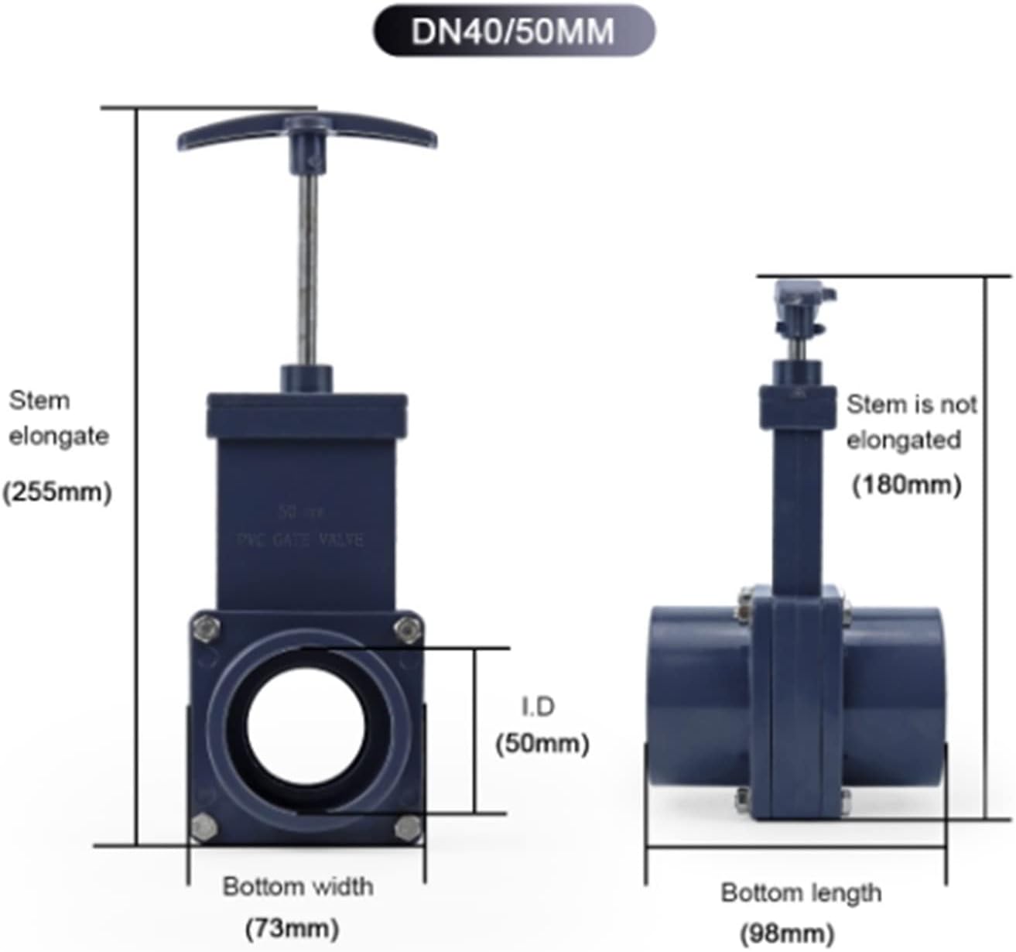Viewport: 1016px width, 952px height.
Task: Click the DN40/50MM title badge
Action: click(x=513, y=31)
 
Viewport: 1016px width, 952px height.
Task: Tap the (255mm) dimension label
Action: click(x=57, y=491)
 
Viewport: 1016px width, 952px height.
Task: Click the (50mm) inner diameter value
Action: click(x=542, y=744)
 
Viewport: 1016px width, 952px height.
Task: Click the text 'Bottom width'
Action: click(x=298, y=886)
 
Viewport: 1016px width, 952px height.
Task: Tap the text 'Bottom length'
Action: click(x=801, y=892)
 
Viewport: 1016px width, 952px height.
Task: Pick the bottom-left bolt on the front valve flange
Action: click(x=204, y=827)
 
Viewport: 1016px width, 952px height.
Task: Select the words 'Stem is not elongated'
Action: click(x=910, y=422)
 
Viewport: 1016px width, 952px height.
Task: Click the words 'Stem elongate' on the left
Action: click(x=58, y=418)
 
